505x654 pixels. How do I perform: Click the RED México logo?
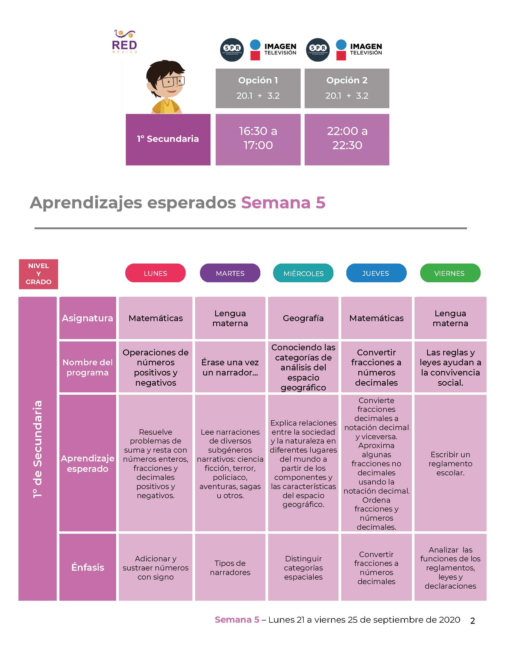[124, 41]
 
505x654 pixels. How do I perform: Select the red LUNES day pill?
[155, 273]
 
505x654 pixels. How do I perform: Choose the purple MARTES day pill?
[230, 273]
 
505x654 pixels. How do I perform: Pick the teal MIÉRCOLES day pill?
[303, 273]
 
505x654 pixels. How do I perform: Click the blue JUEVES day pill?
[376, 273]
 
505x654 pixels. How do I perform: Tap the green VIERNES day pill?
[450, 273]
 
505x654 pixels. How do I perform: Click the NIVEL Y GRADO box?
[38, 274]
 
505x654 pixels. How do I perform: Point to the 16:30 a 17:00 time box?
[258, 139]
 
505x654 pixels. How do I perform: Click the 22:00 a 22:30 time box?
[347, 139]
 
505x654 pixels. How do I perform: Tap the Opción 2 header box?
[347, 88]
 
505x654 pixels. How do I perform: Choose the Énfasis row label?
[88, 567]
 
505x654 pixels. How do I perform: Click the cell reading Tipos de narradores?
[230, 567]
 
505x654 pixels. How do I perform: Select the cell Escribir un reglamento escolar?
[450, 463]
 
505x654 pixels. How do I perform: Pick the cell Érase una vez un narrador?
[230, 367]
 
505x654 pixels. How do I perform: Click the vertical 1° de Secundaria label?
[37, 449]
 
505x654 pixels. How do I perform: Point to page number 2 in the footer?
[473, 621]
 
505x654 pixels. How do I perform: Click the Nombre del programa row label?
[88, 367]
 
